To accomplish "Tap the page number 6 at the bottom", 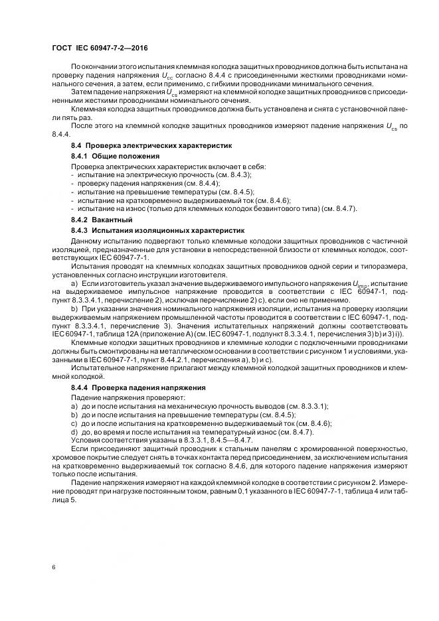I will [52, 568].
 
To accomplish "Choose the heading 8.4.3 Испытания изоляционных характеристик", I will [158, 230].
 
